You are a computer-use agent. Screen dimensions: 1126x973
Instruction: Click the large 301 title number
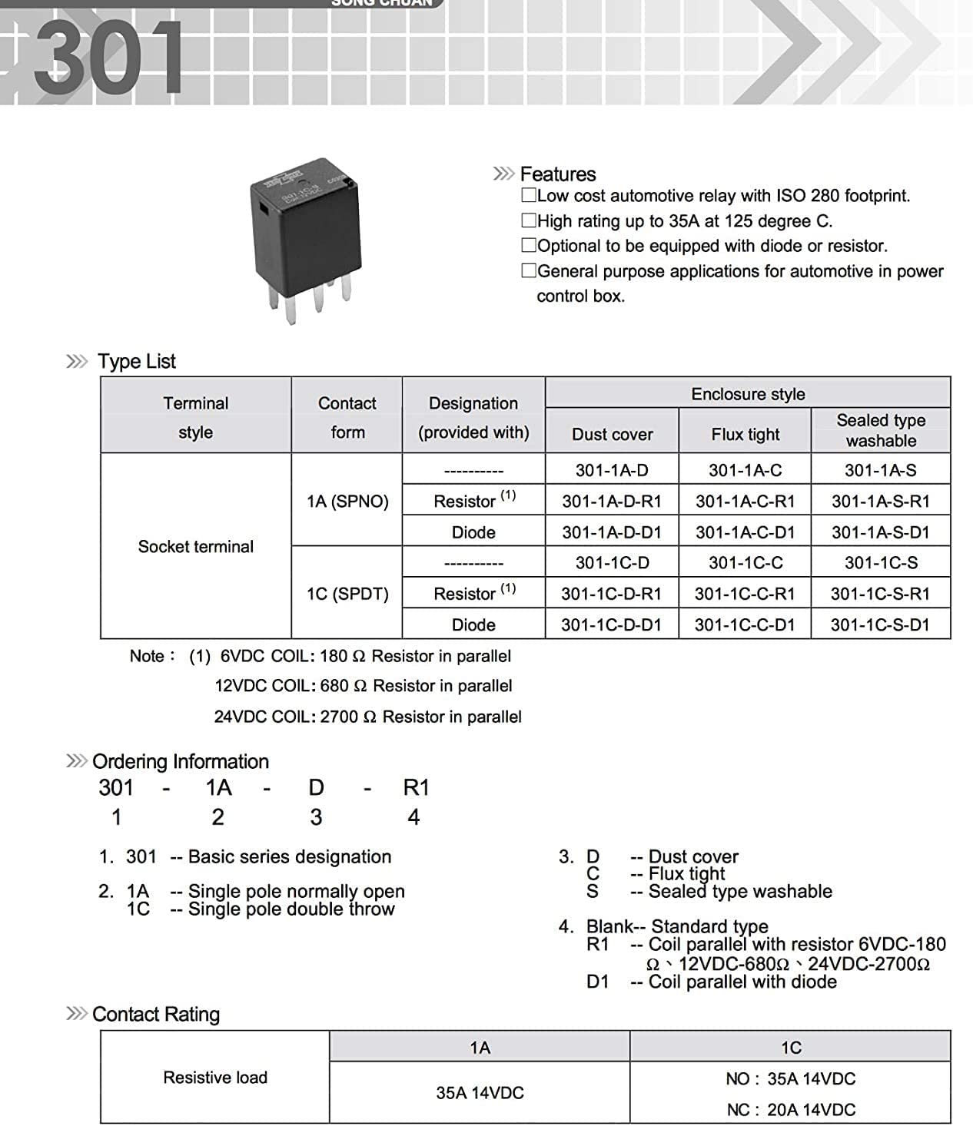pos(108,57)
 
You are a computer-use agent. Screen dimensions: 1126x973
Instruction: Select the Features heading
pos(557,174)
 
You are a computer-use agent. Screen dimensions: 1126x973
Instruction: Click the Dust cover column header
pos(612,435)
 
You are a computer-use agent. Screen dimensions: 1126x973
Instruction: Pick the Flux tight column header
pos(745,435)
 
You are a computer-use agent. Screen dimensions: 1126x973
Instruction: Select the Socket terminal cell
pos(195,547)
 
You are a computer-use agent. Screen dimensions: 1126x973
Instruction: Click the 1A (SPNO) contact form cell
pos(347,502)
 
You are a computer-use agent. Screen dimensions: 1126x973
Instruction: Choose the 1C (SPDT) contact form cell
pos(347,594)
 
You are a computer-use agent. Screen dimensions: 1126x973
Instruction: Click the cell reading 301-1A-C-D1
pos(745,532)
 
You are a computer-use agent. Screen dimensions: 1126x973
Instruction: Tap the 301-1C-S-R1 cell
pos(880,594)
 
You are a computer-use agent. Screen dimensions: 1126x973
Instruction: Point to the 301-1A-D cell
pos(612,470)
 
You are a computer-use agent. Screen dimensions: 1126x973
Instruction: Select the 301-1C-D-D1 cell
pos(611,625)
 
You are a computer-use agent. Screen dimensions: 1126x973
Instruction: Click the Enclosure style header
pos(748,394)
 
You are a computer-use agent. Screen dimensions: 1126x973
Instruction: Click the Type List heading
pos(137,362)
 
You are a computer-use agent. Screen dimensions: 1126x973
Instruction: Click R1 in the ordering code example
pos(416,788)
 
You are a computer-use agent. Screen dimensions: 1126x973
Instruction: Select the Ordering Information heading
pos(181,762)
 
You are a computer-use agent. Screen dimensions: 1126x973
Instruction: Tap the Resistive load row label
pos(215,1078)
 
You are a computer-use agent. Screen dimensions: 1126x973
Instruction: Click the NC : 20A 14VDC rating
pos(791,1110)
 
